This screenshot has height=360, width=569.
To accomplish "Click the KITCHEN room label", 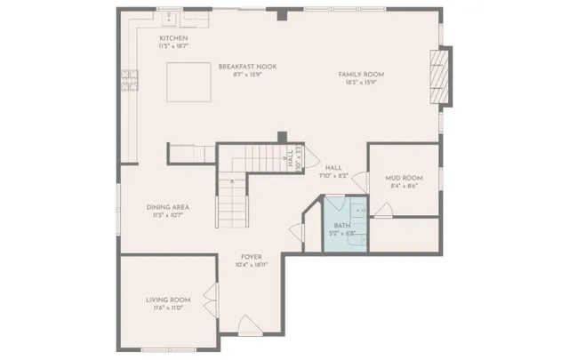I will point(173,39).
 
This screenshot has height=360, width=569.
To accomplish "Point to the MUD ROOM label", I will point(403,178).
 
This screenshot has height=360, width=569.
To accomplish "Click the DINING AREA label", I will point(168,207).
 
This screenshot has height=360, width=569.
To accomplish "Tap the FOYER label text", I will point(251,257).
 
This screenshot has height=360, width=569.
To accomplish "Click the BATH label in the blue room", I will point(342,226).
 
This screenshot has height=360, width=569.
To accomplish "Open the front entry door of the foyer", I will point(251,328).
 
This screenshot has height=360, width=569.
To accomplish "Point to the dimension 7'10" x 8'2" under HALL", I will point(334,176).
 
